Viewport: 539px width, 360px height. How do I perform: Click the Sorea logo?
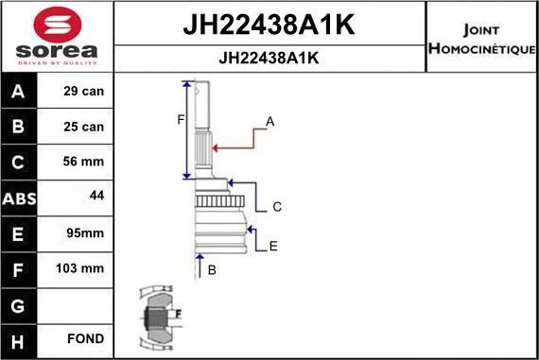57,36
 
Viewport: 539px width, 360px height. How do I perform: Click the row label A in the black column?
19,93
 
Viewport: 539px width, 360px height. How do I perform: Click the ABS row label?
19,198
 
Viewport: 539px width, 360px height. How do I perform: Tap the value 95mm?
85,232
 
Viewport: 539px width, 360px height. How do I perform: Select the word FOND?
85,338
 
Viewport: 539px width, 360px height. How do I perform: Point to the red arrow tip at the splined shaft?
215,146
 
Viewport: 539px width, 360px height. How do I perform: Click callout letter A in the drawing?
269,122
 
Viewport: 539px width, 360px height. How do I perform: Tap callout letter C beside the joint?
277,207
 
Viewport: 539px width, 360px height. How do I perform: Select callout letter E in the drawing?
272,247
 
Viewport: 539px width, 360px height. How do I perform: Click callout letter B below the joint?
213,270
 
